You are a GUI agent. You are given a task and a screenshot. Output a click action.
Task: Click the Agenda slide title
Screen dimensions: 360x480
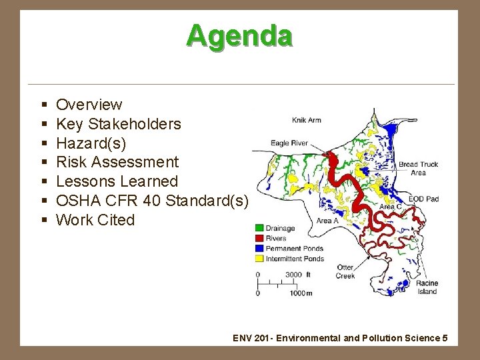pyautogui.click(x=239, y=35)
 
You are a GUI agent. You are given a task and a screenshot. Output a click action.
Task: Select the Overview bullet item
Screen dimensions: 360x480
pyautogui.click(x=89, y=105)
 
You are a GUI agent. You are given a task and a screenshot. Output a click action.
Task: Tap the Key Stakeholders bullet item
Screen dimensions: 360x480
pyautogui.click(x=118, y=124)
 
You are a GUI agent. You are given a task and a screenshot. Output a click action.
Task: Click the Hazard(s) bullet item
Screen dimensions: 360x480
pyautogui.click(x=91, y=143)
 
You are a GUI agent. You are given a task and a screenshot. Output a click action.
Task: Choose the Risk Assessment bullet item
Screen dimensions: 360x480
pyautogui.click(x=117, y=162)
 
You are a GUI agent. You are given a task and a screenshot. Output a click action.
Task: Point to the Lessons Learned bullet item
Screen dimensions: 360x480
pyautogui.click(x=117, y=181)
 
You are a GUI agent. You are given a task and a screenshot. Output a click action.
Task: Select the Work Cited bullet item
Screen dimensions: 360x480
pyautogui.click(x=95, y=220)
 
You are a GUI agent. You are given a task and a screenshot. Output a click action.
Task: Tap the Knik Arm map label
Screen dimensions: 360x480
pyautogui.click(x=307, y=121)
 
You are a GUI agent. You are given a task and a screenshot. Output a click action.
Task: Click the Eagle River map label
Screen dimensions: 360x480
pyautogui.click(x=289, y=143)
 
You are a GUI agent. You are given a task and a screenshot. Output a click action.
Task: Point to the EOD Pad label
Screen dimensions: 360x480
pyautogui.click(x=423, y=199)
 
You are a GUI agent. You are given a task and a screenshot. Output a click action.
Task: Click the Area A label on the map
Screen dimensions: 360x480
pyautogui.click(x=327, y=221)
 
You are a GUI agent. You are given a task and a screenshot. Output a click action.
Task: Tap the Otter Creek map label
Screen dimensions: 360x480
pyautogui.click(x=345, y=271)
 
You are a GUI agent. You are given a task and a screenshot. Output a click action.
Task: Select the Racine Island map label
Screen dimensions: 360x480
pyautogui.click(x=427, y=287)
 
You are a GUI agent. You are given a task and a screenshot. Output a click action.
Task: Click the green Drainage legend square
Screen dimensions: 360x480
pyautogui.click(x=260, y=228)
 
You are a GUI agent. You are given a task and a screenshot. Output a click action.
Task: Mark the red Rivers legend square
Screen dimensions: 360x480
pyautogui.click(x=260, y=238)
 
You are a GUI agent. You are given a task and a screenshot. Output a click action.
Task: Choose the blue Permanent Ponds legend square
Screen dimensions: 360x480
pyautogui.click(x=260, y=248)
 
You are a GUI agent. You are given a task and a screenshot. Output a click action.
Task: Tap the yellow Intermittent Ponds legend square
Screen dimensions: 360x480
pyautogui.click(x=260, y=259)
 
